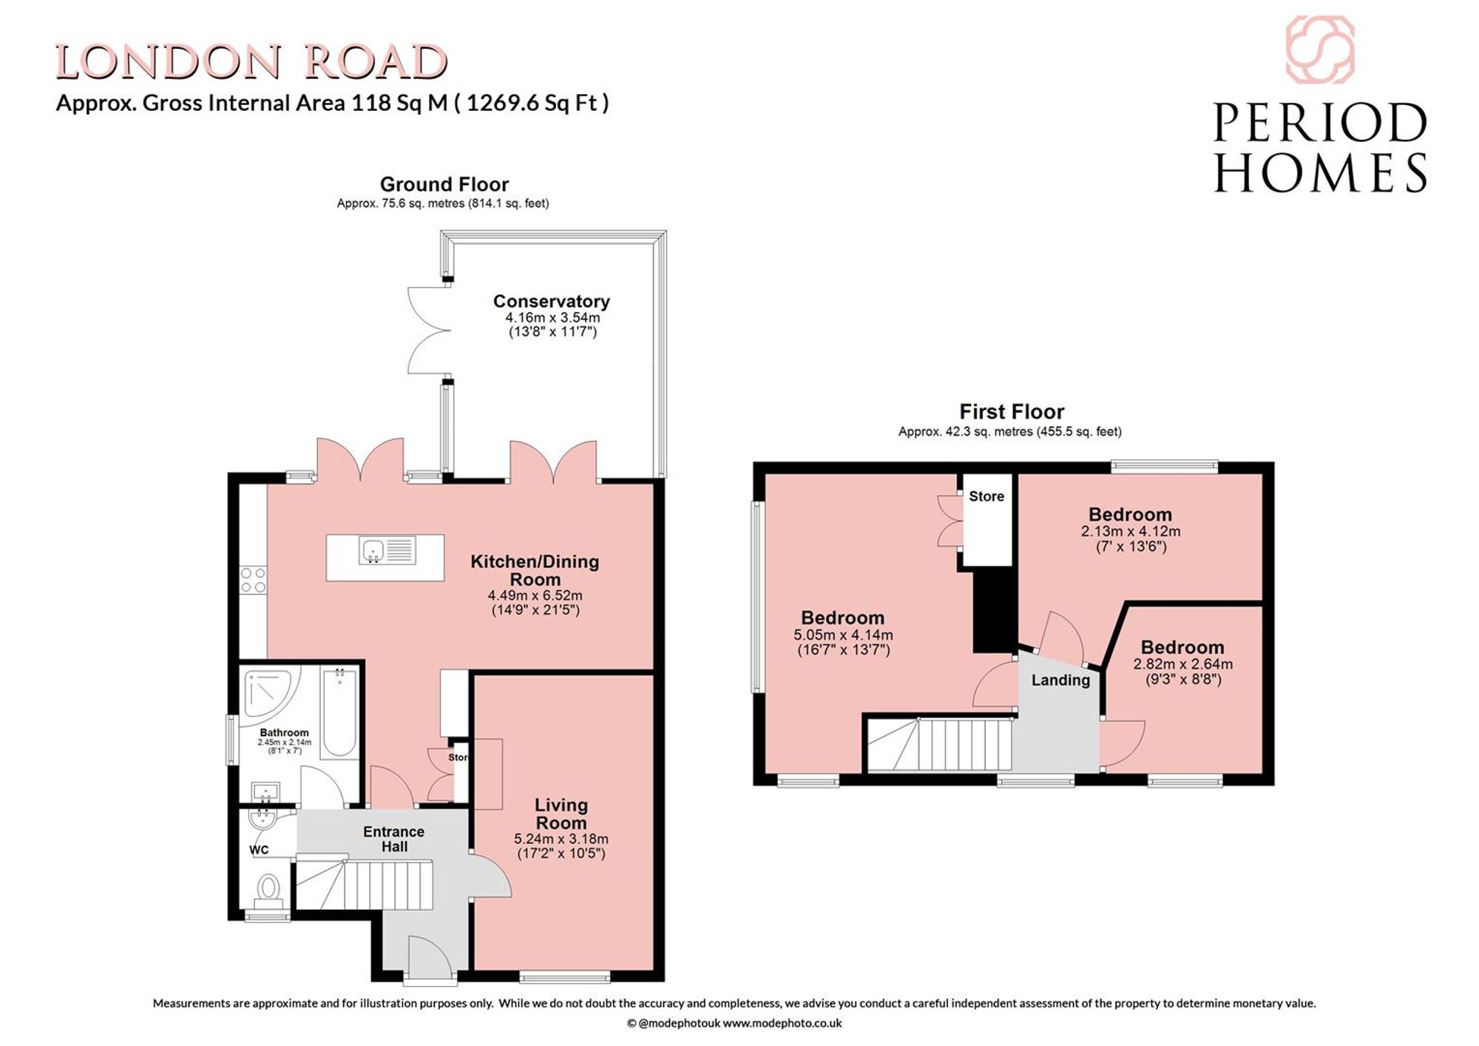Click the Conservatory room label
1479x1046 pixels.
[x=552, y=301]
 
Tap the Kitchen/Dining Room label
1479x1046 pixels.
[x=535, y=570]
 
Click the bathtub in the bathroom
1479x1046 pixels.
[x=340, y=712]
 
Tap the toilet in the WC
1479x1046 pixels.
[x=268, y=890]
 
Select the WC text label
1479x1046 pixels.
[x=259, y=850]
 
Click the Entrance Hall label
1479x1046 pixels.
[x=393, y=839]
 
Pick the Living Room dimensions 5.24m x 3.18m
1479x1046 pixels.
[x=561, y=839]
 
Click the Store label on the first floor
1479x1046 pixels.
[x=986, y=496]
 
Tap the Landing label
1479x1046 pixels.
[x=1060, y=680]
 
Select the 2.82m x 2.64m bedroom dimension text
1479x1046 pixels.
[x=1182, y=664]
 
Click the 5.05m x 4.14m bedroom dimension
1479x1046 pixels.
[x=843, y=635]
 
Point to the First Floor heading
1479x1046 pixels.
[x=1012, y=411]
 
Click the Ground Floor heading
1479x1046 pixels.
[x=444, y=184]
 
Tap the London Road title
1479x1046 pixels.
[x=251, y=62]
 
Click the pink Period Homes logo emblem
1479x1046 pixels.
[x=1320, y=49]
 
